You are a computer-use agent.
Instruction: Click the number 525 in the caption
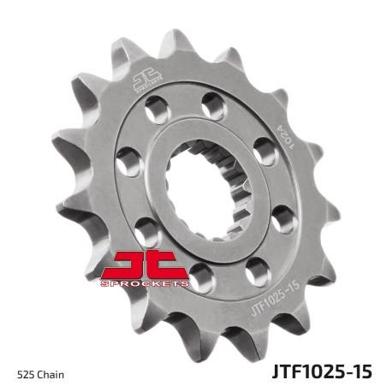[x=25, y=374]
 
